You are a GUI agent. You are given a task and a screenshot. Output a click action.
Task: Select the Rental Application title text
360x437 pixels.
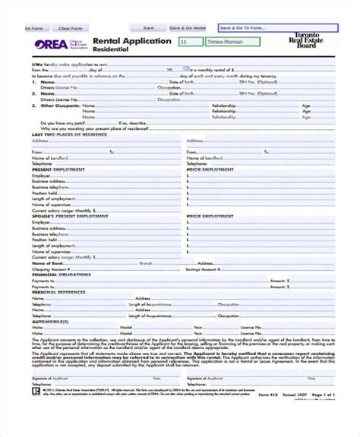[x=131, y=41]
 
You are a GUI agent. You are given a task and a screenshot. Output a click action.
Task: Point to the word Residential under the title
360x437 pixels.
[x=111, y=49]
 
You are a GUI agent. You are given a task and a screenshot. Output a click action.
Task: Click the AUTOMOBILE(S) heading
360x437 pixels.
[x=50, y=322]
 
